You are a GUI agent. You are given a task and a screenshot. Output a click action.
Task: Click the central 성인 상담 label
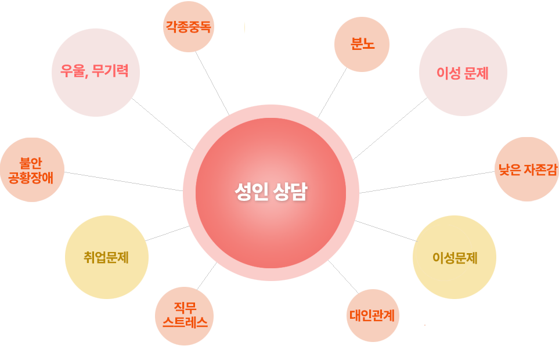(271, 192)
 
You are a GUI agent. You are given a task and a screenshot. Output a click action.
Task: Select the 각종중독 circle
(189, 27)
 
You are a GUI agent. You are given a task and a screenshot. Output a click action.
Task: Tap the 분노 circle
(362, 44)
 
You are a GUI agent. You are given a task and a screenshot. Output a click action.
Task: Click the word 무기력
(110, 71)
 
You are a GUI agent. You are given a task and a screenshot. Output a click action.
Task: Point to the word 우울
(73, 71)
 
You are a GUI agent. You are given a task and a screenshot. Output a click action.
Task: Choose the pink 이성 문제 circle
(463, 72)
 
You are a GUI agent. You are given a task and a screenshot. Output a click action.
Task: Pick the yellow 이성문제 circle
(455, 257)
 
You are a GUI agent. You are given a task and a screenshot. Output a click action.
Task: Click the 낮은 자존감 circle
(526, 169)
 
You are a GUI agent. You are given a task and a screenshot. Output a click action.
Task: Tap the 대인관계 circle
(373, 315)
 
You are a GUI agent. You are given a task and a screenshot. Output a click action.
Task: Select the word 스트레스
(185, 322)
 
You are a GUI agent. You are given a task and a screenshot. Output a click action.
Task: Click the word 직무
(185, 308)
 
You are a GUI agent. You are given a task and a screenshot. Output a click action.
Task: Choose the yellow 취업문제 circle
(107, 257)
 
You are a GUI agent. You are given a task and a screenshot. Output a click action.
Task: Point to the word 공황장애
(31, 178)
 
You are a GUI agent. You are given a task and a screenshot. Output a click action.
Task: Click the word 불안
(31, 163)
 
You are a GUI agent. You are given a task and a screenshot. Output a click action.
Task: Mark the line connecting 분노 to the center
(332, 92)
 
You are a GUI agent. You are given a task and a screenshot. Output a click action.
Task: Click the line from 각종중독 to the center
(212, 84)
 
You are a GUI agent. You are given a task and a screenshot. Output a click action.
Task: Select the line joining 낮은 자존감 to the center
(427, 182)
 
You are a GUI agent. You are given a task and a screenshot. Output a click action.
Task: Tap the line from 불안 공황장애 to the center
(123, 181)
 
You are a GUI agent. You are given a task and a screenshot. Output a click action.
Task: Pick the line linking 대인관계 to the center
(343, 276)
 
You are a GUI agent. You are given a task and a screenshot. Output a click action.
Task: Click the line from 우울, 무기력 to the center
(163, 124)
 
